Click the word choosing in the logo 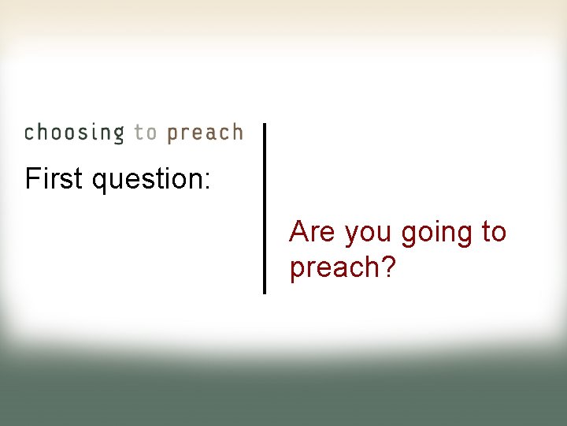point(74,133)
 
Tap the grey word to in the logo point(146,133)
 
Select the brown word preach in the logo point(205,133)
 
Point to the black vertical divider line point(264,208)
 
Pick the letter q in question point(100,182)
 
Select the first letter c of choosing point(30,133)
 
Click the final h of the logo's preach point(235,132)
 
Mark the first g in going point(409,236)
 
